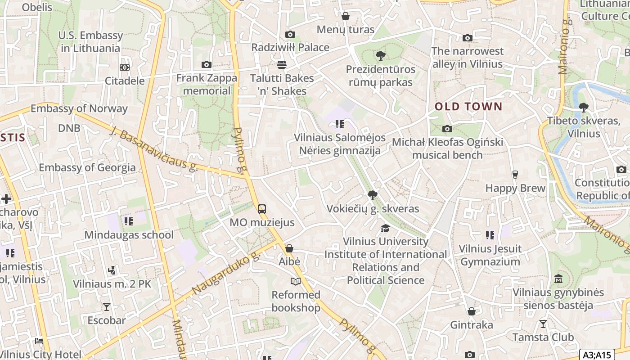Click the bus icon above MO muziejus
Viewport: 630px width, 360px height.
click(x=261, y=209)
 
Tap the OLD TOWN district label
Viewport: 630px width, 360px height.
click(x=468, y=107)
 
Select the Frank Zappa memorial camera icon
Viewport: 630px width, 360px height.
click(x=207, y=65)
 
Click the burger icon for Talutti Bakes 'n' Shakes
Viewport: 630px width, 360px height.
click(x=282, y=65)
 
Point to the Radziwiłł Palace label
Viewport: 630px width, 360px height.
click(x=290, y=47)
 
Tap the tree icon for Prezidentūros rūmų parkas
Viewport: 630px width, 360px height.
click(x=380, y=56)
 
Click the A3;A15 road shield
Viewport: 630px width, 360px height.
click(x=597, y=355)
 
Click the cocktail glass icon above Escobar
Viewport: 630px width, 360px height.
click(x=107, y=307)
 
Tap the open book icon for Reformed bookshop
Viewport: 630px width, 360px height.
click(x=295, y=282)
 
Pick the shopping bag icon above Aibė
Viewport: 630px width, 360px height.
click(x=289, y=248)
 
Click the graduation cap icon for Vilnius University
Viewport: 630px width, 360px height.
click(x=385, y=228)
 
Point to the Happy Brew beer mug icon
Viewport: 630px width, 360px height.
click(x=515, y=175)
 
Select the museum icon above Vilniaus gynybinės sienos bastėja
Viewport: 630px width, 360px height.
click(x=558, y=279)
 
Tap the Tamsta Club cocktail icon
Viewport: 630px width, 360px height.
click(x=543, y=324)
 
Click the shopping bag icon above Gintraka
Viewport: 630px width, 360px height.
click(x=471, y=311)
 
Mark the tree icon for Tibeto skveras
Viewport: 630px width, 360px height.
click(x=583, y=108)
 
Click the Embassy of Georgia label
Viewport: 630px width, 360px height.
click(x=87, y=167)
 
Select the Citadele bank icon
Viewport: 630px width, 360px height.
click(x=125, y=67)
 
